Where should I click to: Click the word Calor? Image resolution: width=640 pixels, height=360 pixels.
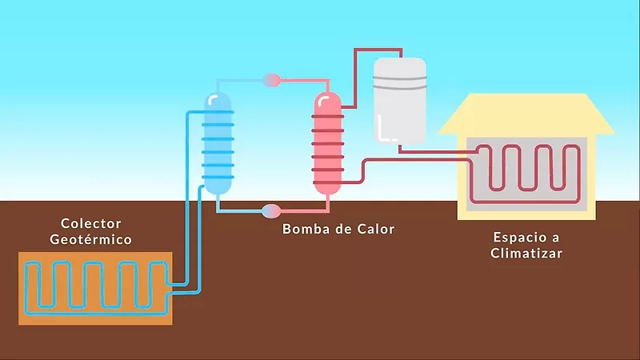[x=377, y=230]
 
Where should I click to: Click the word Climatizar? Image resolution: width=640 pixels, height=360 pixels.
[x=528, y=254]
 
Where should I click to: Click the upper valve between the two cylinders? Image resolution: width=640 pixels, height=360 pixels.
[x=272, y=80]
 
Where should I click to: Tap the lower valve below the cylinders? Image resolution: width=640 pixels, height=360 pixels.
[x=272, y=211]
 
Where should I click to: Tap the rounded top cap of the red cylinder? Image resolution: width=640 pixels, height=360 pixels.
[x=326, y=100]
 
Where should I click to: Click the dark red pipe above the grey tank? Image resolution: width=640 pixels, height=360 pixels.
[x=376, y=50]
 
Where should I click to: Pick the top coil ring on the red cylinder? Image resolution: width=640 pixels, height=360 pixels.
[x=326, y=117]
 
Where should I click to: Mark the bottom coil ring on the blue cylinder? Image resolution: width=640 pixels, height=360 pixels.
[x=217, y=177]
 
